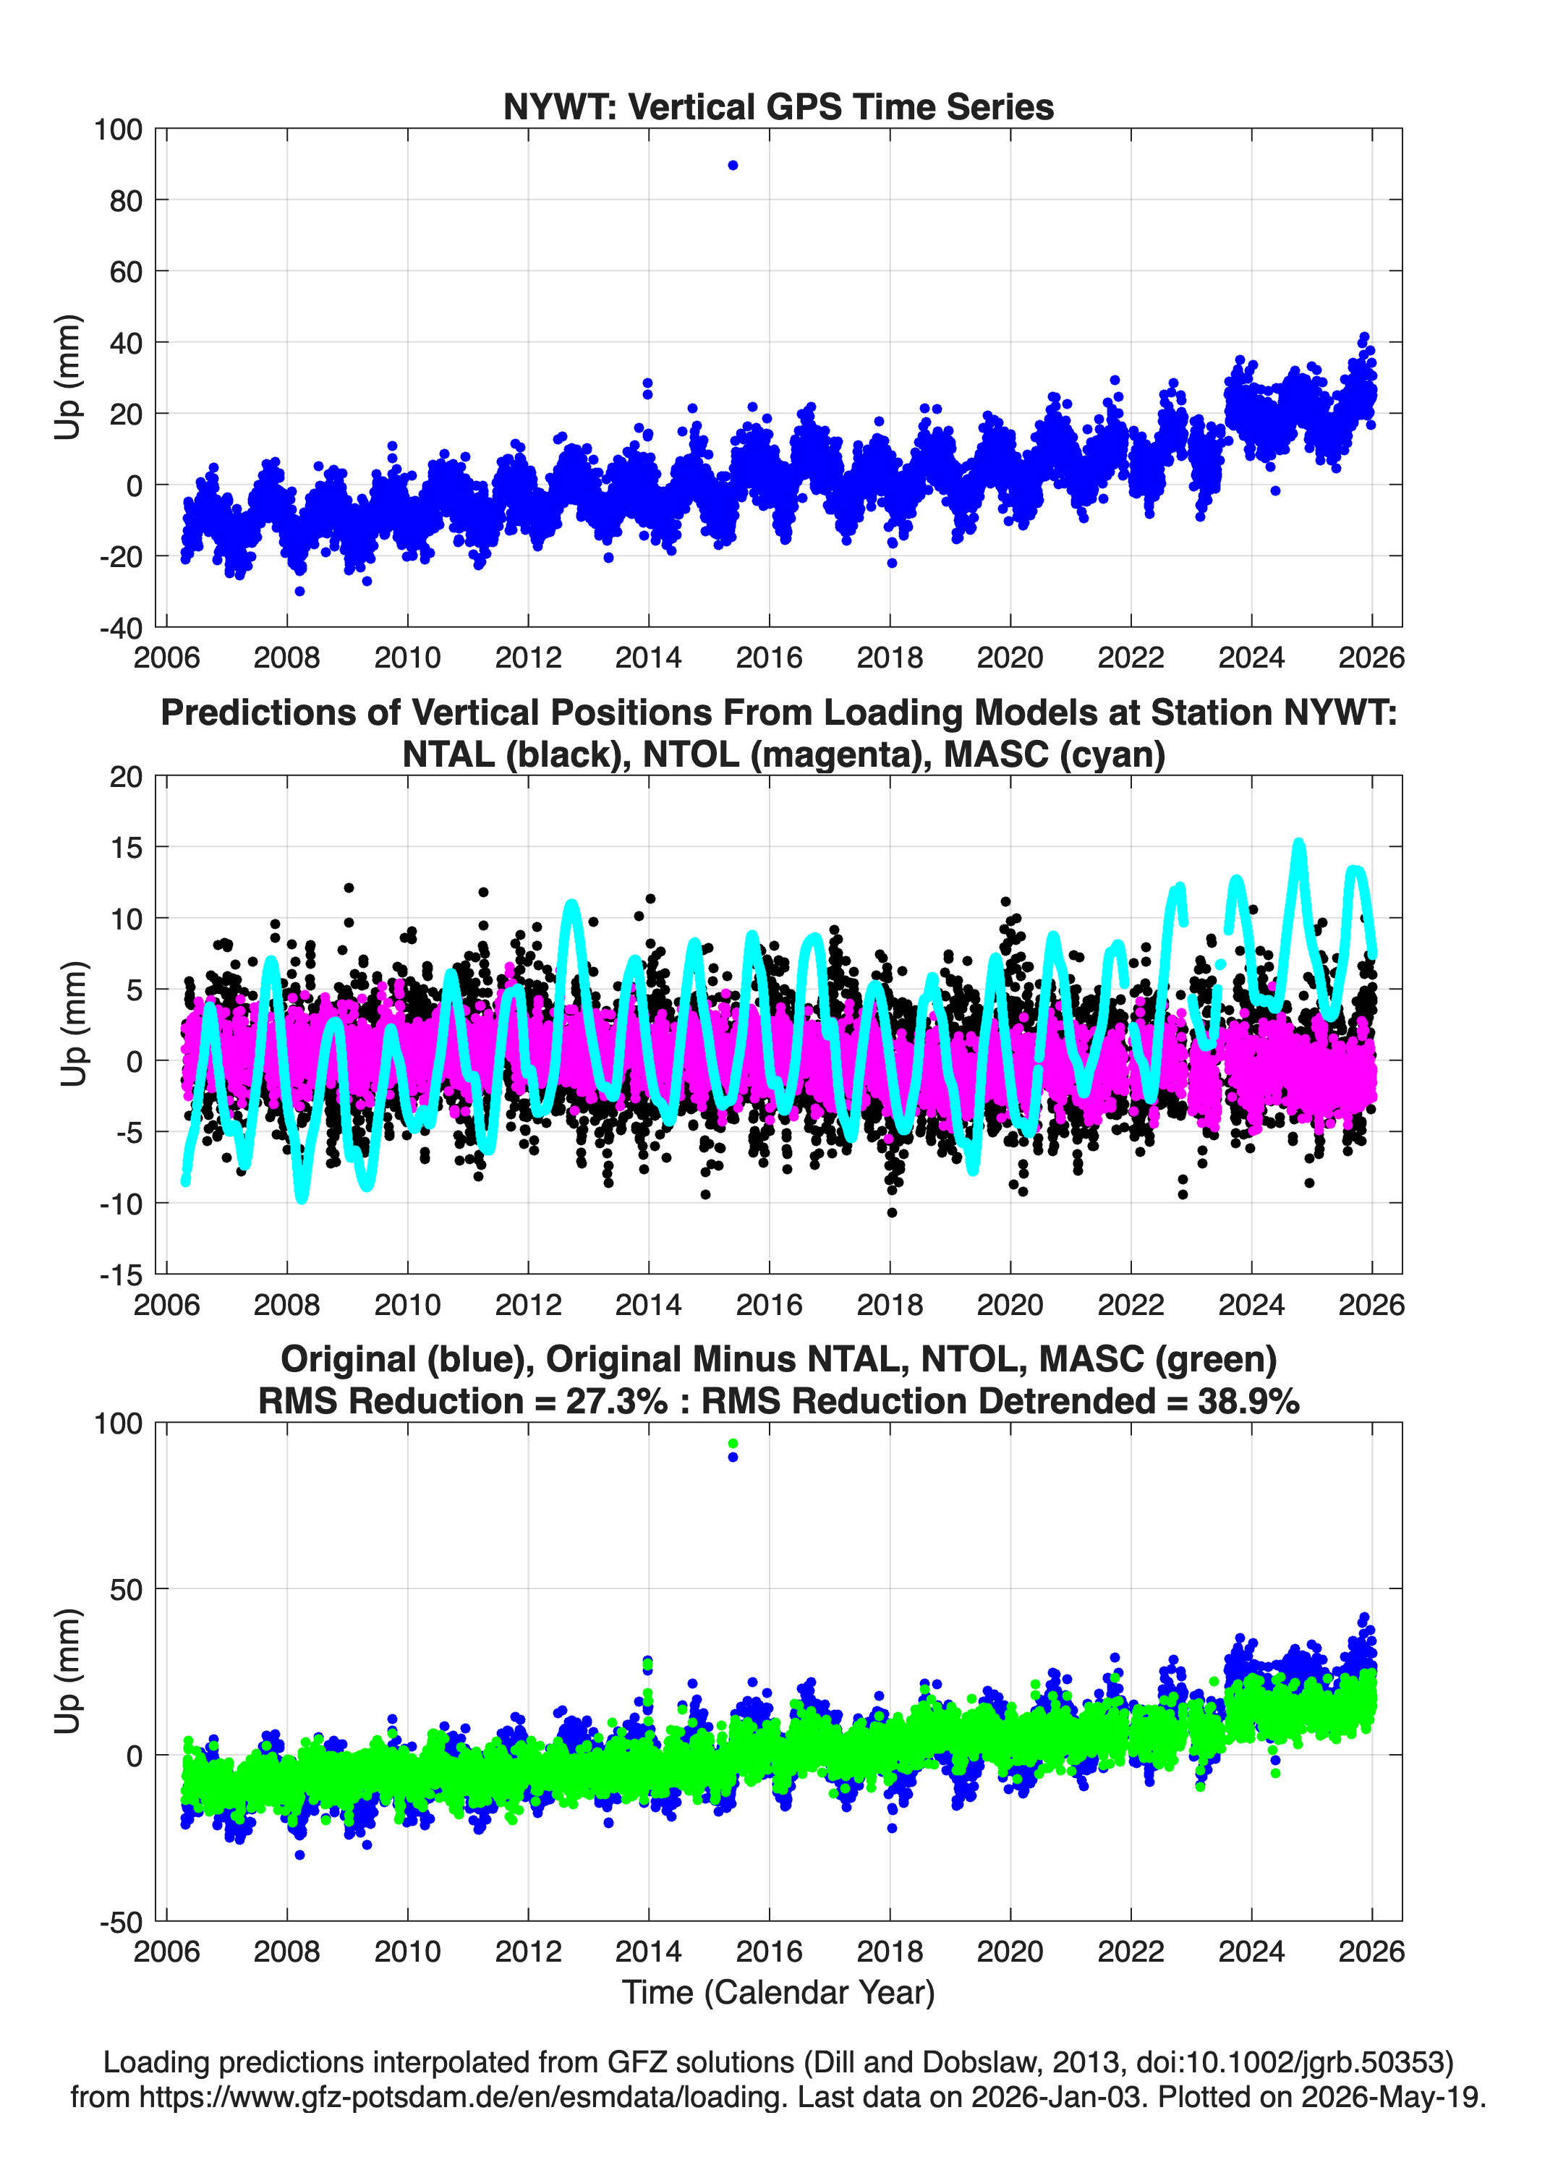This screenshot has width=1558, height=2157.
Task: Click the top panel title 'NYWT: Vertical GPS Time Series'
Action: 778,106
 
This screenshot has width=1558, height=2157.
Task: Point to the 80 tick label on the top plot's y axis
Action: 124,200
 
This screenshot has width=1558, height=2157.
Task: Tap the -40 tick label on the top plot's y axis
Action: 120,629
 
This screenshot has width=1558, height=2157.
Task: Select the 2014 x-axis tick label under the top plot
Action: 649,658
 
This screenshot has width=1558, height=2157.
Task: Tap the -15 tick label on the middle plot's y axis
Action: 120,1275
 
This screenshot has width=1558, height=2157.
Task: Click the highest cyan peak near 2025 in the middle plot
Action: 1298,843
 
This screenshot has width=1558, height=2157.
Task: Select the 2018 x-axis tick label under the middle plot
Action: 890,1305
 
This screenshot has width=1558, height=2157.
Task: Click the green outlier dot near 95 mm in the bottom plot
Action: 733,1444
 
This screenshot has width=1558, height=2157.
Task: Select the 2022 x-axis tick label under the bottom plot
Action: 1131,1952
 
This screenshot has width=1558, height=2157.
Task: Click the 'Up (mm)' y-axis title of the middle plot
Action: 73,1024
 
